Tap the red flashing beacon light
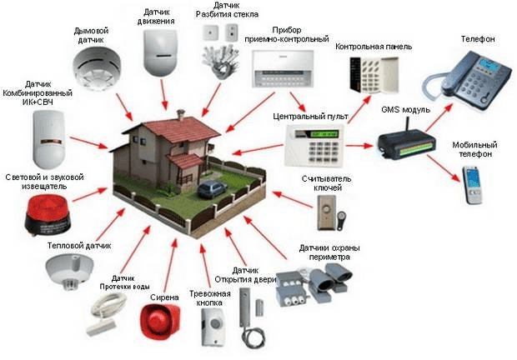[48, 214]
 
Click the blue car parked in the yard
[212, 189]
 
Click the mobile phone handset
[473, 185]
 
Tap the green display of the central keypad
[325, 134]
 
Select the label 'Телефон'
[478, 39]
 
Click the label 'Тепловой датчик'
[79, 246]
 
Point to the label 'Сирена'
[164, 297]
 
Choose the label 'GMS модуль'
[405, 110]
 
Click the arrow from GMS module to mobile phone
[444, 168]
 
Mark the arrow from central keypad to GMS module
[359, 145]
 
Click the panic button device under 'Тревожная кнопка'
[212, 327]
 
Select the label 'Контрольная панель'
[374, 47]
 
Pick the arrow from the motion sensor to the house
[164, 94]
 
